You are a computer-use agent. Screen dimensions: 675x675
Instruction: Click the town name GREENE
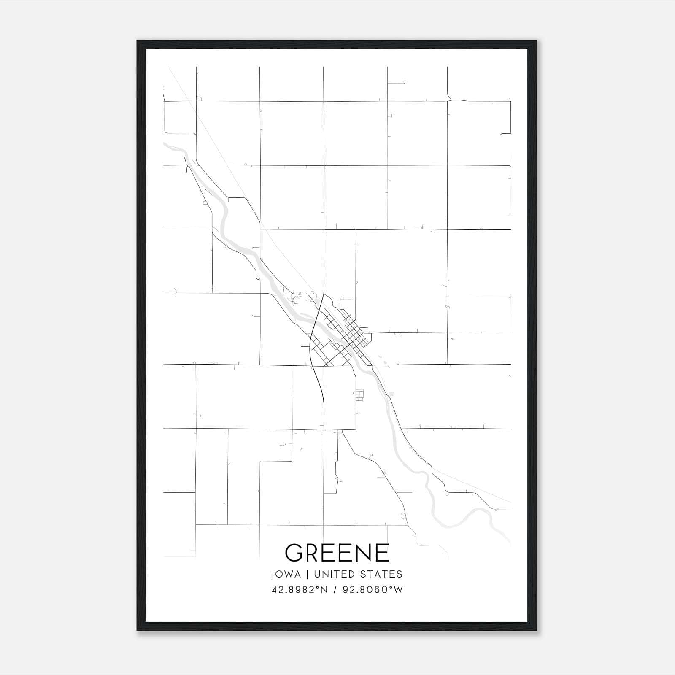coord(337,553)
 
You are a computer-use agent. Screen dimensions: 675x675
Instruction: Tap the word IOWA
coord(286,574)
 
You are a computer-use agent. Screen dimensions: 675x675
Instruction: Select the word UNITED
coord(337,574)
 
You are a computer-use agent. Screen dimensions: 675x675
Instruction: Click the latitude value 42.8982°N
coord(300,590)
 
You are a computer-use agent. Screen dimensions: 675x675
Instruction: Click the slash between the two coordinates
coord(334,590)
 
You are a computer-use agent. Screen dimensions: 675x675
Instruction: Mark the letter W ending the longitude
coord(399,590)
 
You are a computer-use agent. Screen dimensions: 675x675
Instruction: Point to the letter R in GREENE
coord(313,553)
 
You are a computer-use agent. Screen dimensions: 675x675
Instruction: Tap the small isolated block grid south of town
coord(359,394)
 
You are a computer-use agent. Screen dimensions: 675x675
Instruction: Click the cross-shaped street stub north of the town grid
coord(346,301)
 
